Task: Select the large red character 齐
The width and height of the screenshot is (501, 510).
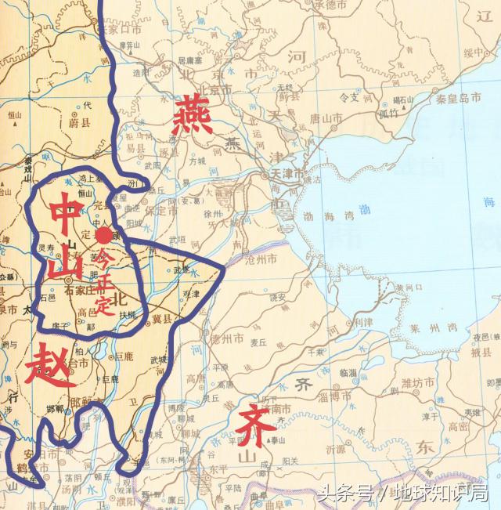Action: click(254, 424)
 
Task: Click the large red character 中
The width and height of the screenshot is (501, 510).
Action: click(65, 212)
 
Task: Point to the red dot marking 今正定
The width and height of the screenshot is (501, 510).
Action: click(102, 235)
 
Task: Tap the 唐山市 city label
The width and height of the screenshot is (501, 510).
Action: click(325, 118)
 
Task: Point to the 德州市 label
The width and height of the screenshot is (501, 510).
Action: click(227, 338)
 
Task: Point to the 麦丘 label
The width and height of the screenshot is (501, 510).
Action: click(258, 342)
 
